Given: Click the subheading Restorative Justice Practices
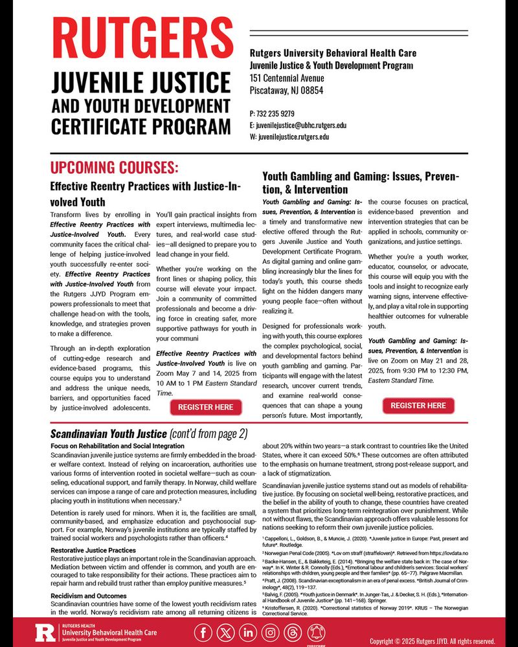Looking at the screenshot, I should click(x=93, y=550).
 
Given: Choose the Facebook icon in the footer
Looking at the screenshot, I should click(x=203, y=631).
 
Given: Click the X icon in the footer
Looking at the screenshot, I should click(x=226, y=631).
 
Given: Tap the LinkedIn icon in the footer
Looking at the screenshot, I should click(x=248, y=631).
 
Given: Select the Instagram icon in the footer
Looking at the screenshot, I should click(x=271, y=631).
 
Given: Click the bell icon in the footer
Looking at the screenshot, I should click(x=315, y=631).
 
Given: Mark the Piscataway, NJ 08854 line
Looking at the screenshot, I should click(x=286, y=91).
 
